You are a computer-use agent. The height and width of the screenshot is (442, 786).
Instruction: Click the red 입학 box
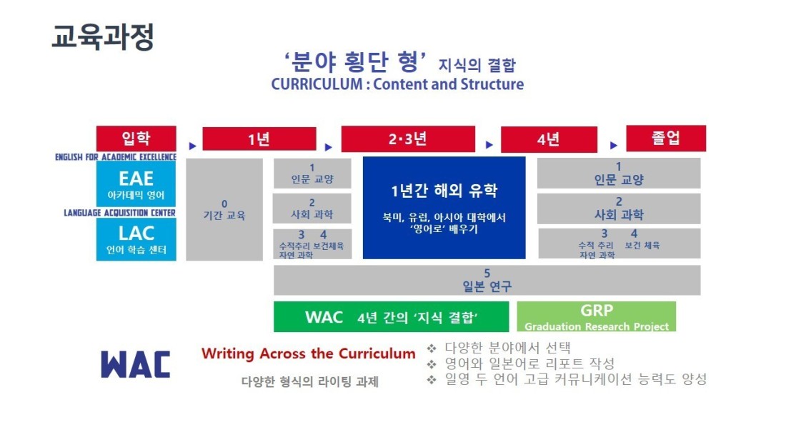tap(136, 139)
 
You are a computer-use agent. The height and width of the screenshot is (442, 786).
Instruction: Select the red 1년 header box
tap(259, 139)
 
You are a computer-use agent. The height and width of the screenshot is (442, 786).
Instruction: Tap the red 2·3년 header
tap(408, 139)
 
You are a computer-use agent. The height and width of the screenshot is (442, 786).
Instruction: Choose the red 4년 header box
tap(549, 139)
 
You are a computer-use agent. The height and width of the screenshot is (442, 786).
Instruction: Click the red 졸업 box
tap(666, 139)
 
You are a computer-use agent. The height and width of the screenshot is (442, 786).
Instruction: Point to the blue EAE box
tap(136, 184)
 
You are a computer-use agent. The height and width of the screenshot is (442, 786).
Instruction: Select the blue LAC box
tap(136, 239)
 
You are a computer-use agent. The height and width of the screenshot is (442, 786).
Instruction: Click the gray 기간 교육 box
tap(224, 209)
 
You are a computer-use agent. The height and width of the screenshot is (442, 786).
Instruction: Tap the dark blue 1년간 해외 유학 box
tap(444, 208)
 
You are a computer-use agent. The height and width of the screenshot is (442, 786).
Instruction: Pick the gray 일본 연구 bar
tap(487, 280)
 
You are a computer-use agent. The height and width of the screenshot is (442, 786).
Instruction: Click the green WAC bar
tap(391, 317)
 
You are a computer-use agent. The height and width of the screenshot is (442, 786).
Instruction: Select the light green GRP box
tap(596, 316)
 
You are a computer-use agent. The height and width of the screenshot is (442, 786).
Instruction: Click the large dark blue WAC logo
tap(135, 364)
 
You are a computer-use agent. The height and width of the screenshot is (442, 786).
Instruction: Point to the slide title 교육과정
tap(103, 37)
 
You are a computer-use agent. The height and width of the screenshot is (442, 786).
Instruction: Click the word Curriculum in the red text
tap(377, 353)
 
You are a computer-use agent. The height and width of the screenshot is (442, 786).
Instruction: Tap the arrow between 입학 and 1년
tap(192, 146)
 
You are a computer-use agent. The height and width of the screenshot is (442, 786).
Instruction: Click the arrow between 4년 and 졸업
tap(614, 146)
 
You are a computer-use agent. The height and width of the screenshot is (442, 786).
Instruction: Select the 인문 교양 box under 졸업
tap(619, 174)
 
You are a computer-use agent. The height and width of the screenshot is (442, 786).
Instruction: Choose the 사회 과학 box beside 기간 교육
tap(312, 209)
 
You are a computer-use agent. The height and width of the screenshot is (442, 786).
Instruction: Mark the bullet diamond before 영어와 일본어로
tap(431, 364)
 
